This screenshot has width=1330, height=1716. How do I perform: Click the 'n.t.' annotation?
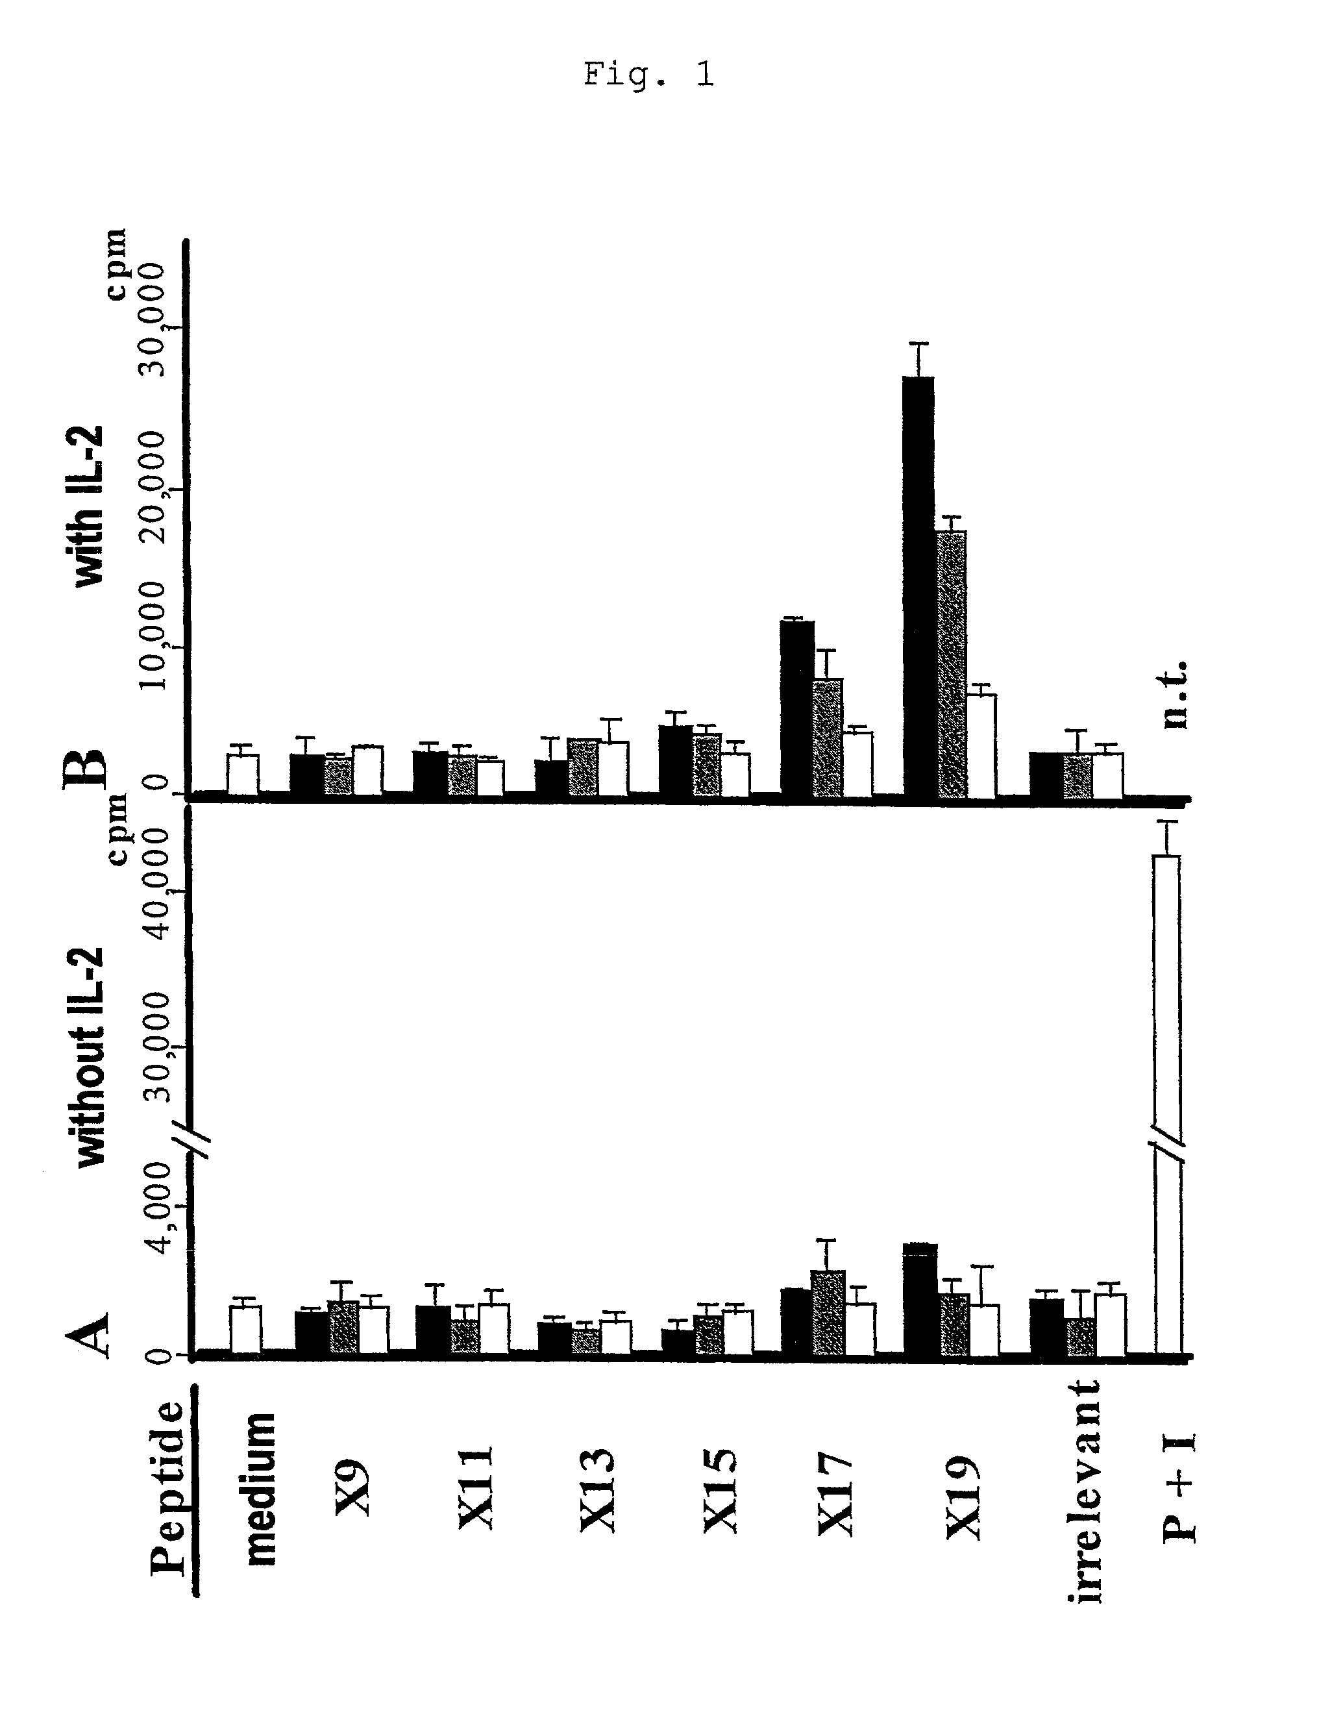point(1174,695)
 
